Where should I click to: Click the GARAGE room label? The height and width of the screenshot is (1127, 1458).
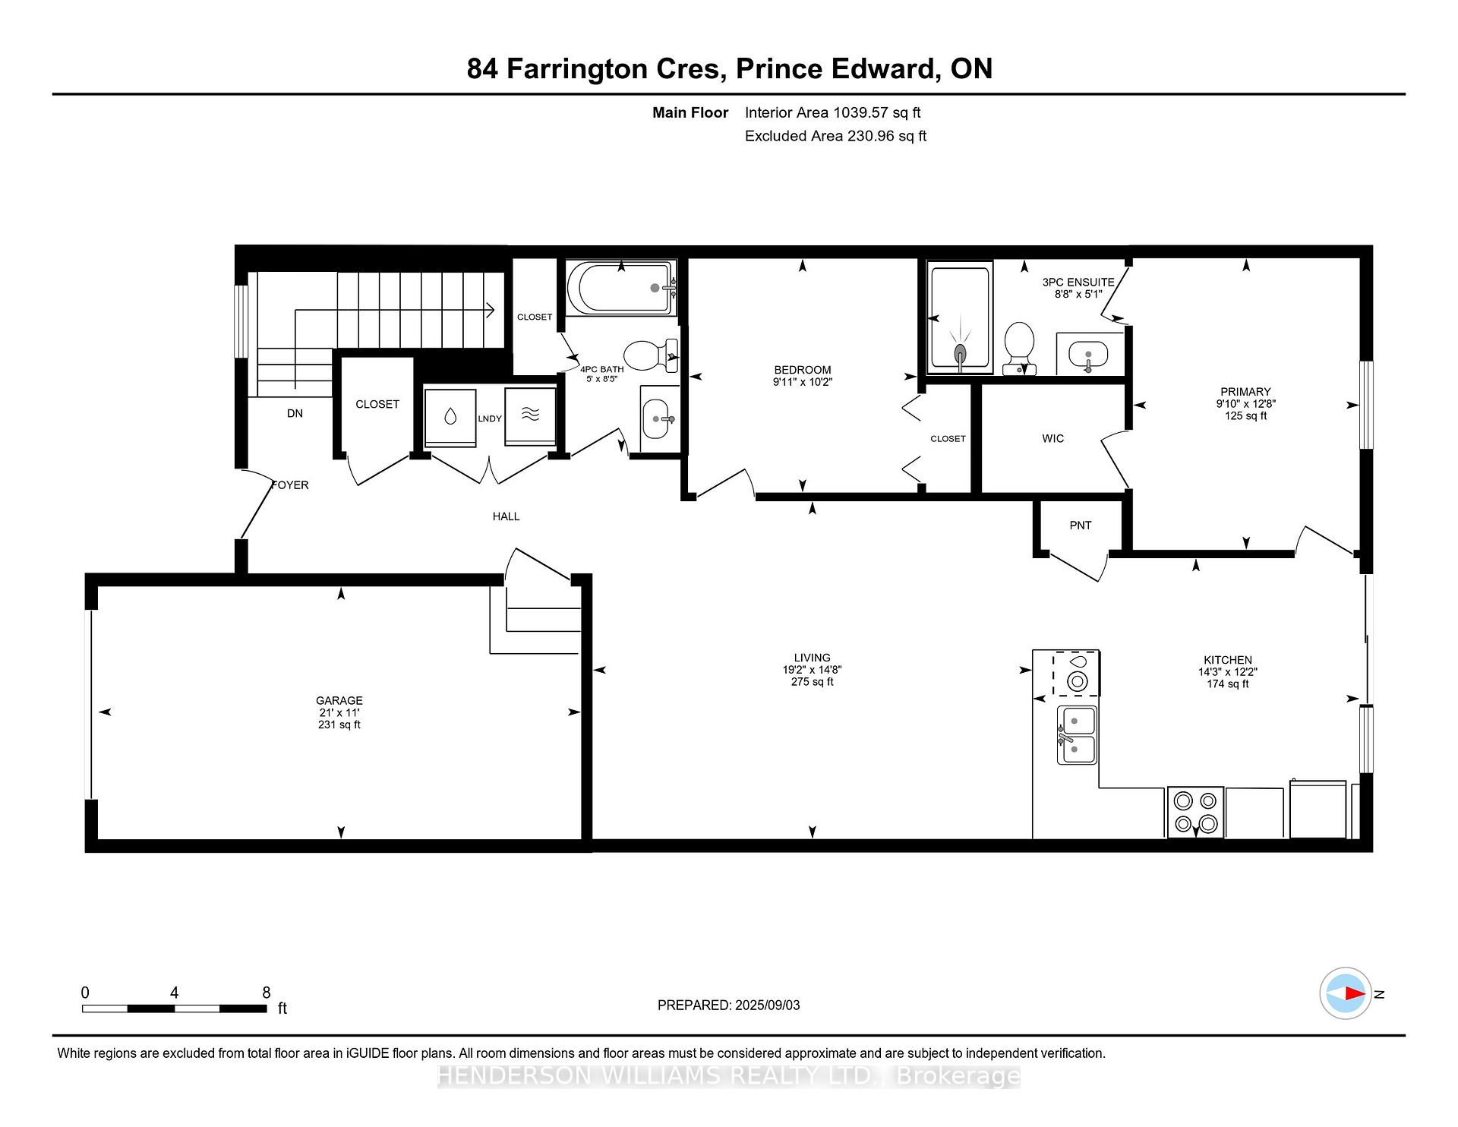[x=339, y=700]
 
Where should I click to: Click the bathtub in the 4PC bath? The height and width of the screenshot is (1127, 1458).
[x=620, y=288]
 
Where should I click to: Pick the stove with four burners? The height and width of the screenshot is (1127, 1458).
[x=1195, y=812]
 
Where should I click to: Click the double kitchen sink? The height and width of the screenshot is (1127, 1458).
[x=1077, y=734]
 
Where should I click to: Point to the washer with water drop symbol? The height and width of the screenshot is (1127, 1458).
[x=450, y=418]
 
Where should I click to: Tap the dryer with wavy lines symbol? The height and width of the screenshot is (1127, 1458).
[x=530, y=418]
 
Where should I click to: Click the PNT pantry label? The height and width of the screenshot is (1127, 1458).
[x=1080, y=526]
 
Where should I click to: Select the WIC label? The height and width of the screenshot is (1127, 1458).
[x=1053, y=438]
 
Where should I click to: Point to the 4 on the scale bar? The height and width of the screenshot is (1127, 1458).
[x=174, y=993]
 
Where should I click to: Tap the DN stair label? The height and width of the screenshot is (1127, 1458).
[x=295, y=413]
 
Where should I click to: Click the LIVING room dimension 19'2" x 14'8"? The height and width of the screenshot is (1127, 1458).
[x=812, y=670]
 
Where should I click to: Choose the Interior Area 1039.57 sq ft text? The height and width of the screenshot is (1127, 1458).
[x=832, y=112]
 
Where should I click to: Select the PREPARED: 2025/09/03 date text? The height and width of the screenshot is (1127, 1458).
[x=728, y=1005]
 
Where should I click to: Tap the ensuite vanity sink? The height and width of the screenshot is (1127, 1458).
[x=1088, y=354]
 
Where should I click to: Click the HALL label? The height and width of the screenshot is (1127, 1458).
[x=506, y=516]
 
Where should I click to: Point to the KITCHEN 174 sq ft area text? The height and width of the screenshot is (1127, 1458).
[x=1228, y=683]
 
